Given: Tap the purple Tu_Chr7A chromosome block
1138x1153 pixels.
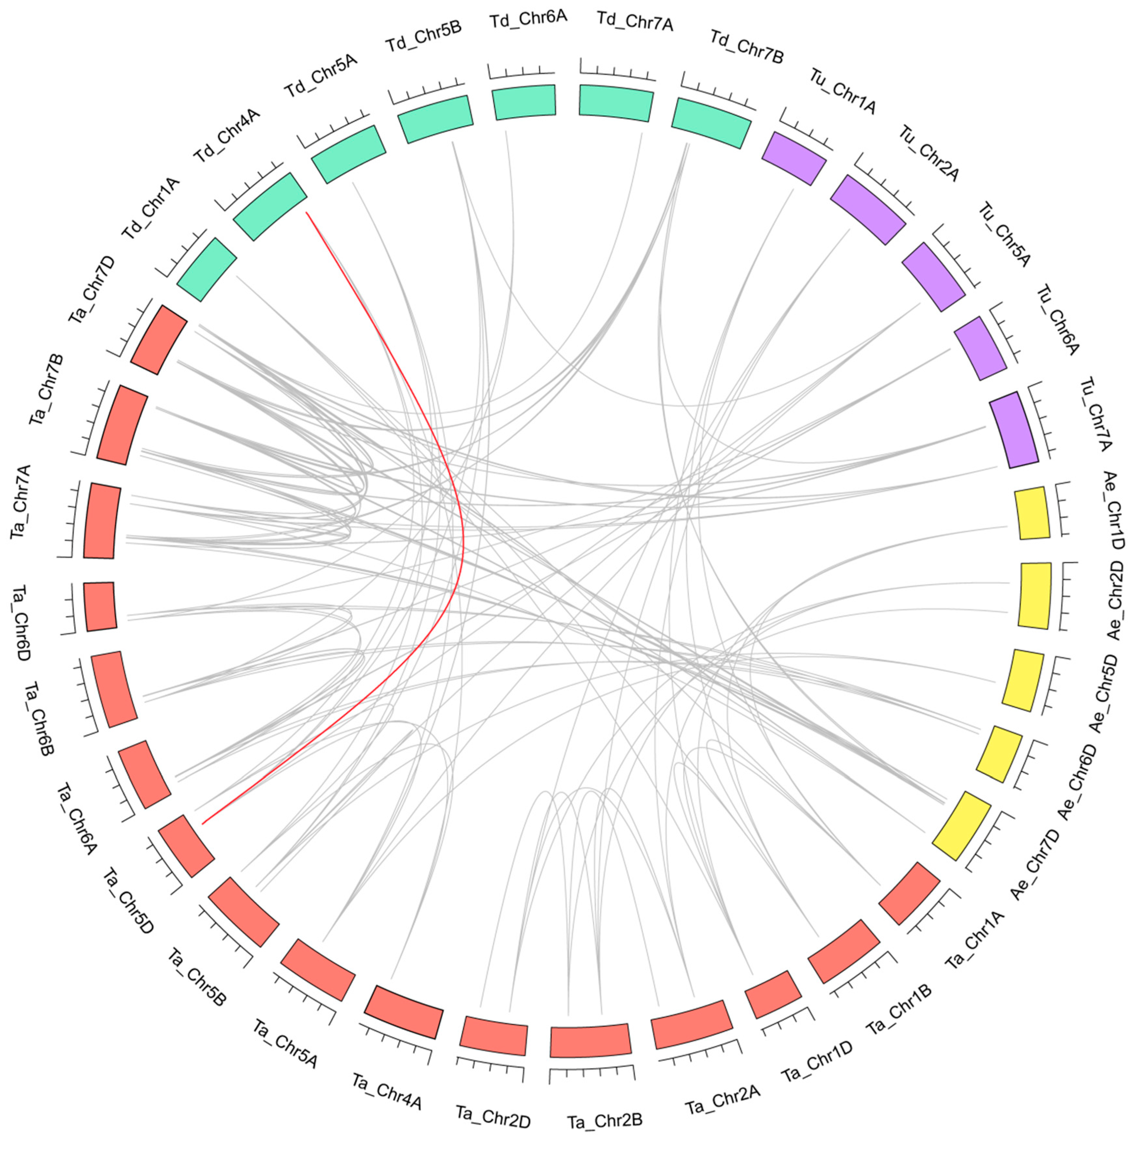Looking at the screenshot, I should [1013, 429].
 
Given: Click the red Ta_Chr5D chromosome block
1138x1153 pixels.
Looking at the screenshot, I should [186, 846].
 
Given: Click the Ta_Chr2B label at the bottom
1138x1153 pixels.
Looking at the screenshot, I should [604, 1121].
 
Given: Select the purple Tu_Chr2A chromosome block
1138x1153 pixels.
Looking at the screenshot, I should [868, 209].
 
